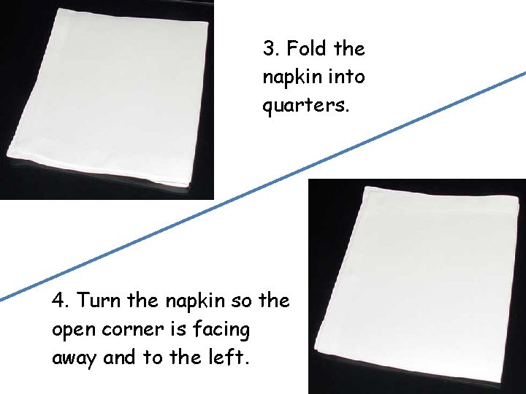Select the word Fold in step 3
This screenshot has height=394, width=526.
(x=307, y=48)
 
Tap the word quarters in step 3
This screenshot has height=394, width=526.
(x=305, y=106)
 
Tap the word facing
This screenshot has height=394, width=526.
(x=221, y=329)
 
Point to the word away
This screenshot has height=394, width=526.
(x=74, y=358)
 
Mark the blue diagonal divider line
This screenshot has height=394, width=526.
(x=263, y=186)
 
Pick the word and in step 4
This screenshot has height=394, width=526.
(x=119, y=357)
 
